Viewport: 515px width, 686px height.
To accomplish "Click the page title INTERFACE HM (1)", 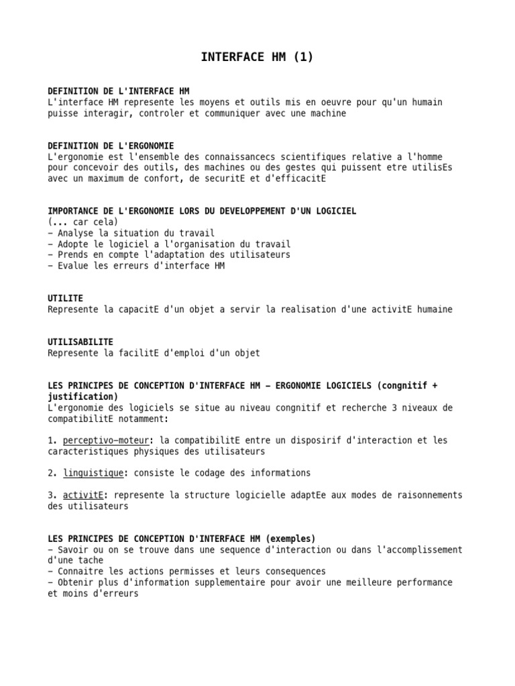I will (257, 58).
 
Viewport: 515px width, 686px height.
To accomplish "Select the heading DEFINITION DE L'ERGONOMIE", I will (111, 145).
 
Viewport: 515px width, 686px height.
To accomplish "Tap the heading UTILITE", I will (66, 298).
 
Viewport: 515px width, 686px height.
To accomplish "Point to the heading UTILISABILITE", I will (80, 342).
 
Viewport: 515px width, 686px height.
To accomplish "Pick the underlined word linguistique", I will (93, 473).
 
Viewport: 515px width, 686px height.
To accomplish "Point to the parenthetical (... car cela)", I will (83, 222).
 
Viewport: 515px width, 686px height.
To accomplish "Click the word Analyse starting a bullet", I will (76, 232).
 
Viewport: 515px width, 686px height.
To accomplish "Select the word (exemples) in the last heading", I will (291, 539).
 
